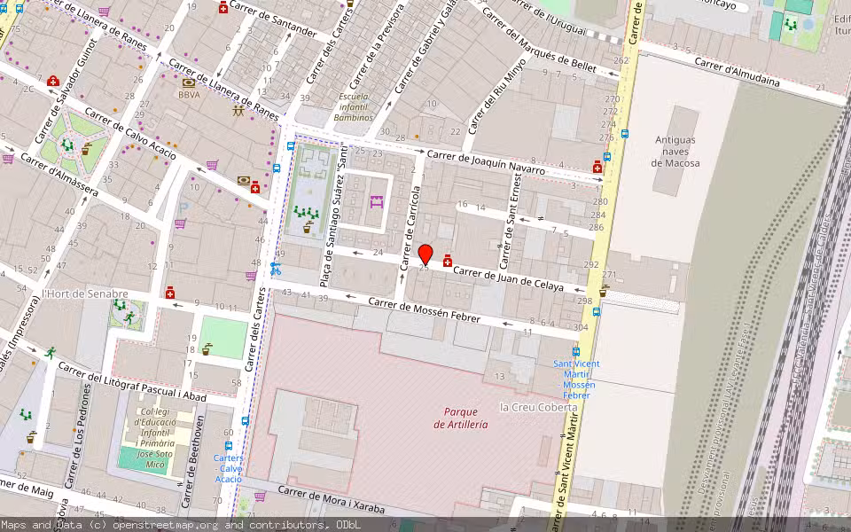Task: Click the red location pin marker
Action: coord(425,254)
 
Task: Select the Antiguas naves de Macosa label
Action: coord(676,152)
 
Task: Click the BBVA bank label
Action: coord(189,94)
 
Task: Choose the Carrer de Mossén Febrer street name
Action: coord(424,310)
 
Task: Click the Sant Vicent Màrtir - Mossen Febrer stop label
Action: coord(575,379)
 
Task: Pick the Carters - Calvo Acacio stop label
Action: coord(228,468)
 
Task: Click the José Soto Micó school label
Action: coord(155,441)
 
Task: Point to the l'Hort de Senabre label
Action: coord(85,293)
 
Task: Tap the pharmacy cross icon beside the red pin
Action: coord(448,261)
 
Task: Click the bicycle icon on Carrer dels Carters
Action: coord(276,269)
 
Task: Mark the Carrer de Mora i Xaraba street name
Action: coord(332,500)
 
